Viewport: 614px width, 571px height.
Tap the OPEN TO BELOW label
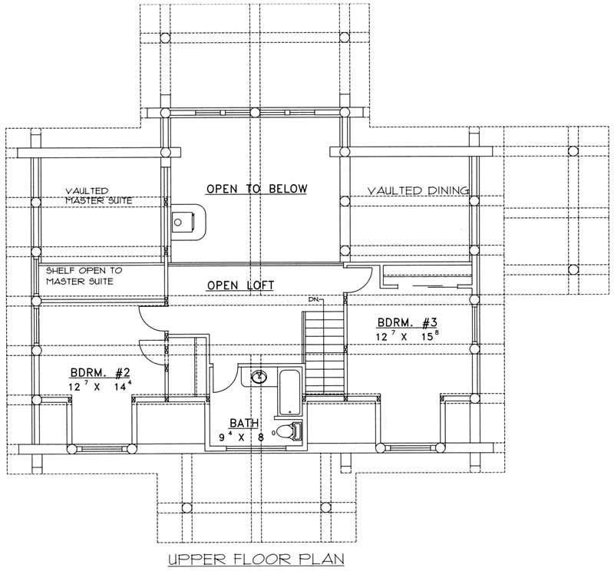tap(256, 189)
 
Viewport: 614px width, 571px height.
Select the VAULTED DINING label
tap(418, 190)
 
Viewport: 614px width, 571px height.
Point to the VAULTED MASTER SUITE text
tap(98, 195)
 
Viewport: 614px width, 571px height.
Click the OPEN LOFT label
tap(241, 285)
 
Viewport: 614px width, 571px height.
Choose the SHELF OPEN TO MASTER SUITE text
tap(84, 276)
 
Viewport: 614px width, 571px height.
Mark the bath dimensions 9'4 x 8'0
tap(246, 439)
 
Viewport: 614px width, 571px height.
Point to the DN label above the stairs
tap(313, 298)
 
